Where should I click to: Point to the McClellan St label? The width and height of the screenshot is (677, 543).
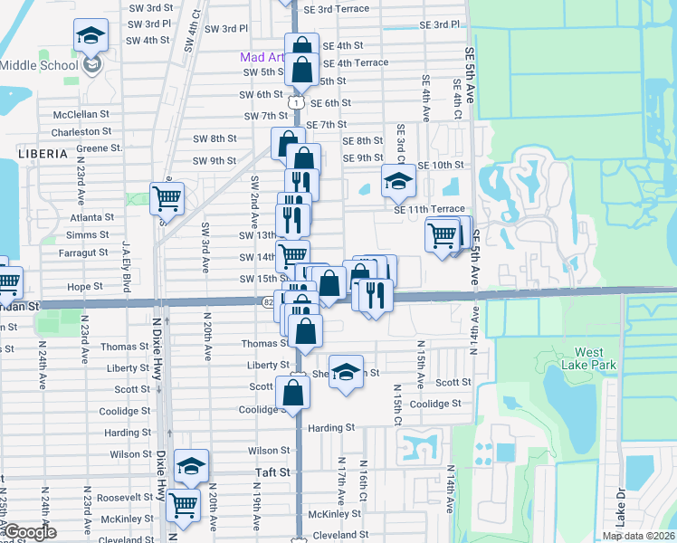[81, 115]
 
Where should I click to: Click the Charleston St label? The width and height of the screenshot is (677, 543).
[81, 131]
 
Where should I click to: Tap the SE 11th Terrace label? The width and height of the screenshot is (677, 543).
[428, 209]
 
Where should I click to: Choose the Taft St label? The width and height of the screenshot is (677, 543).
[272, 472]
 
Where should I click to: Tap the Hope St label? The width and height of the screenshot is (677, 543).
[85, 286]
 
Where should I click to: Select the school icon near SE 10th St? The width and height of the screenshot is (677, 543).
[397, 181]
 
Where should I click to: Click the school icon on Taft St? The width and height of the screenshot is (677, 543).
[191, 466]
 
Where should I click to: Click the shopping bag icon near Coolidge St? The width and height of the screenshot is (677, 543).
[293, 392]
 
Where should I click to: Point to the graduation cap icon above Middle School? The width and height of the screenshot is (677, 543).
[91, 36]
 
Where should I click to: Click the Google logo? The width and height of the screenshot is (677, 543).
[29, 533]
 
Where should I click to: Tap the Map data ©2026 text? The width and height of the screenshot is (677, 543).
[637, 536]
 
